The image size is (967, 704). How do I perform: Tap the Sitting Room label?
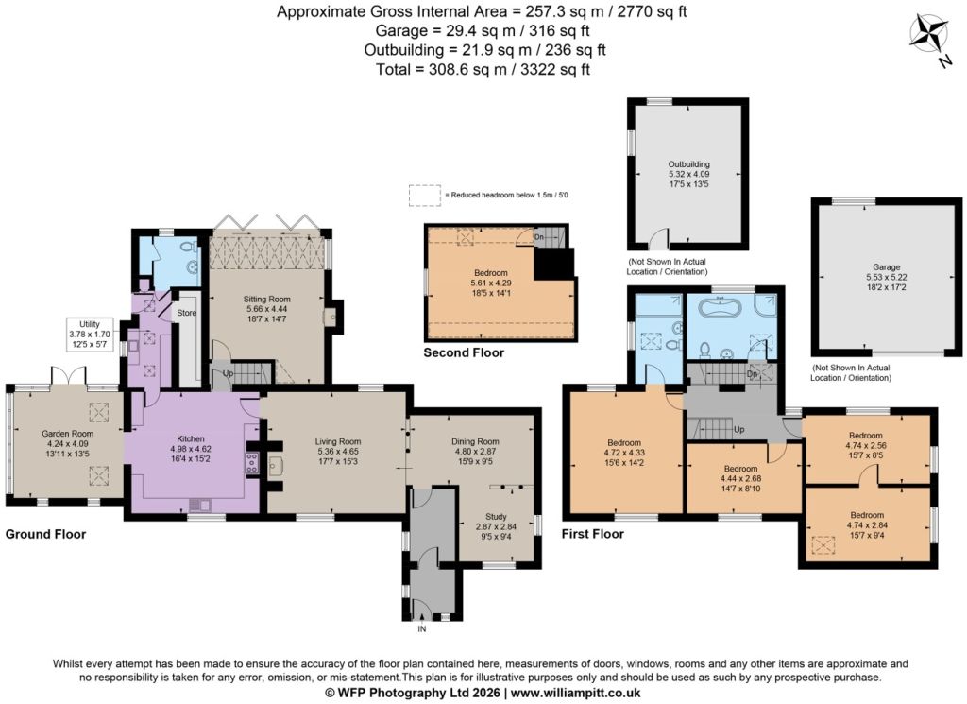click(x=266, y=300)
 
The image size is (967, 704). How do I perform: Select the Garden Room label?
click(x=68, y=434)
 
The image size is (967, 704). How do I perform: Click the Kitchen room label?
click(x=191, y=439)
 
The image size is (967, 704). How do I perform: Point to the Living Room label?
click(x=338, y=442)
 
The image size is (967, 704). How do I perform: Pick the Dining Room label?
click(x=475, y=442)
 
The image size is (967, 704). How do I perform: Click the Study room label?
click(x=496, y=517)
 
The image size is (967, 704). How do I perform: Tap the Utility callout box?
click(x=90, y=335)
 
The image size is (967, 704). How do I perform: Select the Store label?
click(x=186, y=313)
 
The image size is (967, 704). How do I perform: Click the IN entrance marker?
click(x=422, y=629)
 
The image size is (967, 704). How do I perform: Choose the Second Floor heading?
click(x=464, y=352)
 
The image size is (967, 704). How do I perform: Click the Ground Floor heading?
click(x=45, y=534)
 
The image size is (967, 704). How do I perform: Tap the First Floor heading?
click(x=593, y=534)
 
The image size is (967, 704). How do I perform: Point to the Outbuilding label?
click(x=688, y=164)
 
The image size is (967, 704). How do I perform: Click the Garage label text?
click(x=886, y=267)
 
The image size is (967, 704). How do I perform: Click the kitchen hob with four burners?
click(x=252, y=463)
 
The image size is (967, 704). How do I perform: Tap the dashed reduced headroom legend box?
click(x=424, y=195)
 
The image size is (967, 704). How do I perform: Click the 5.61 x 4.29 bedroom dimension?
click(x=491, y=283)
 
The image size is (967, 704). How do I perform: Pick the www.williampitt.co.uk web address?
click(x=575, y=693)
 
